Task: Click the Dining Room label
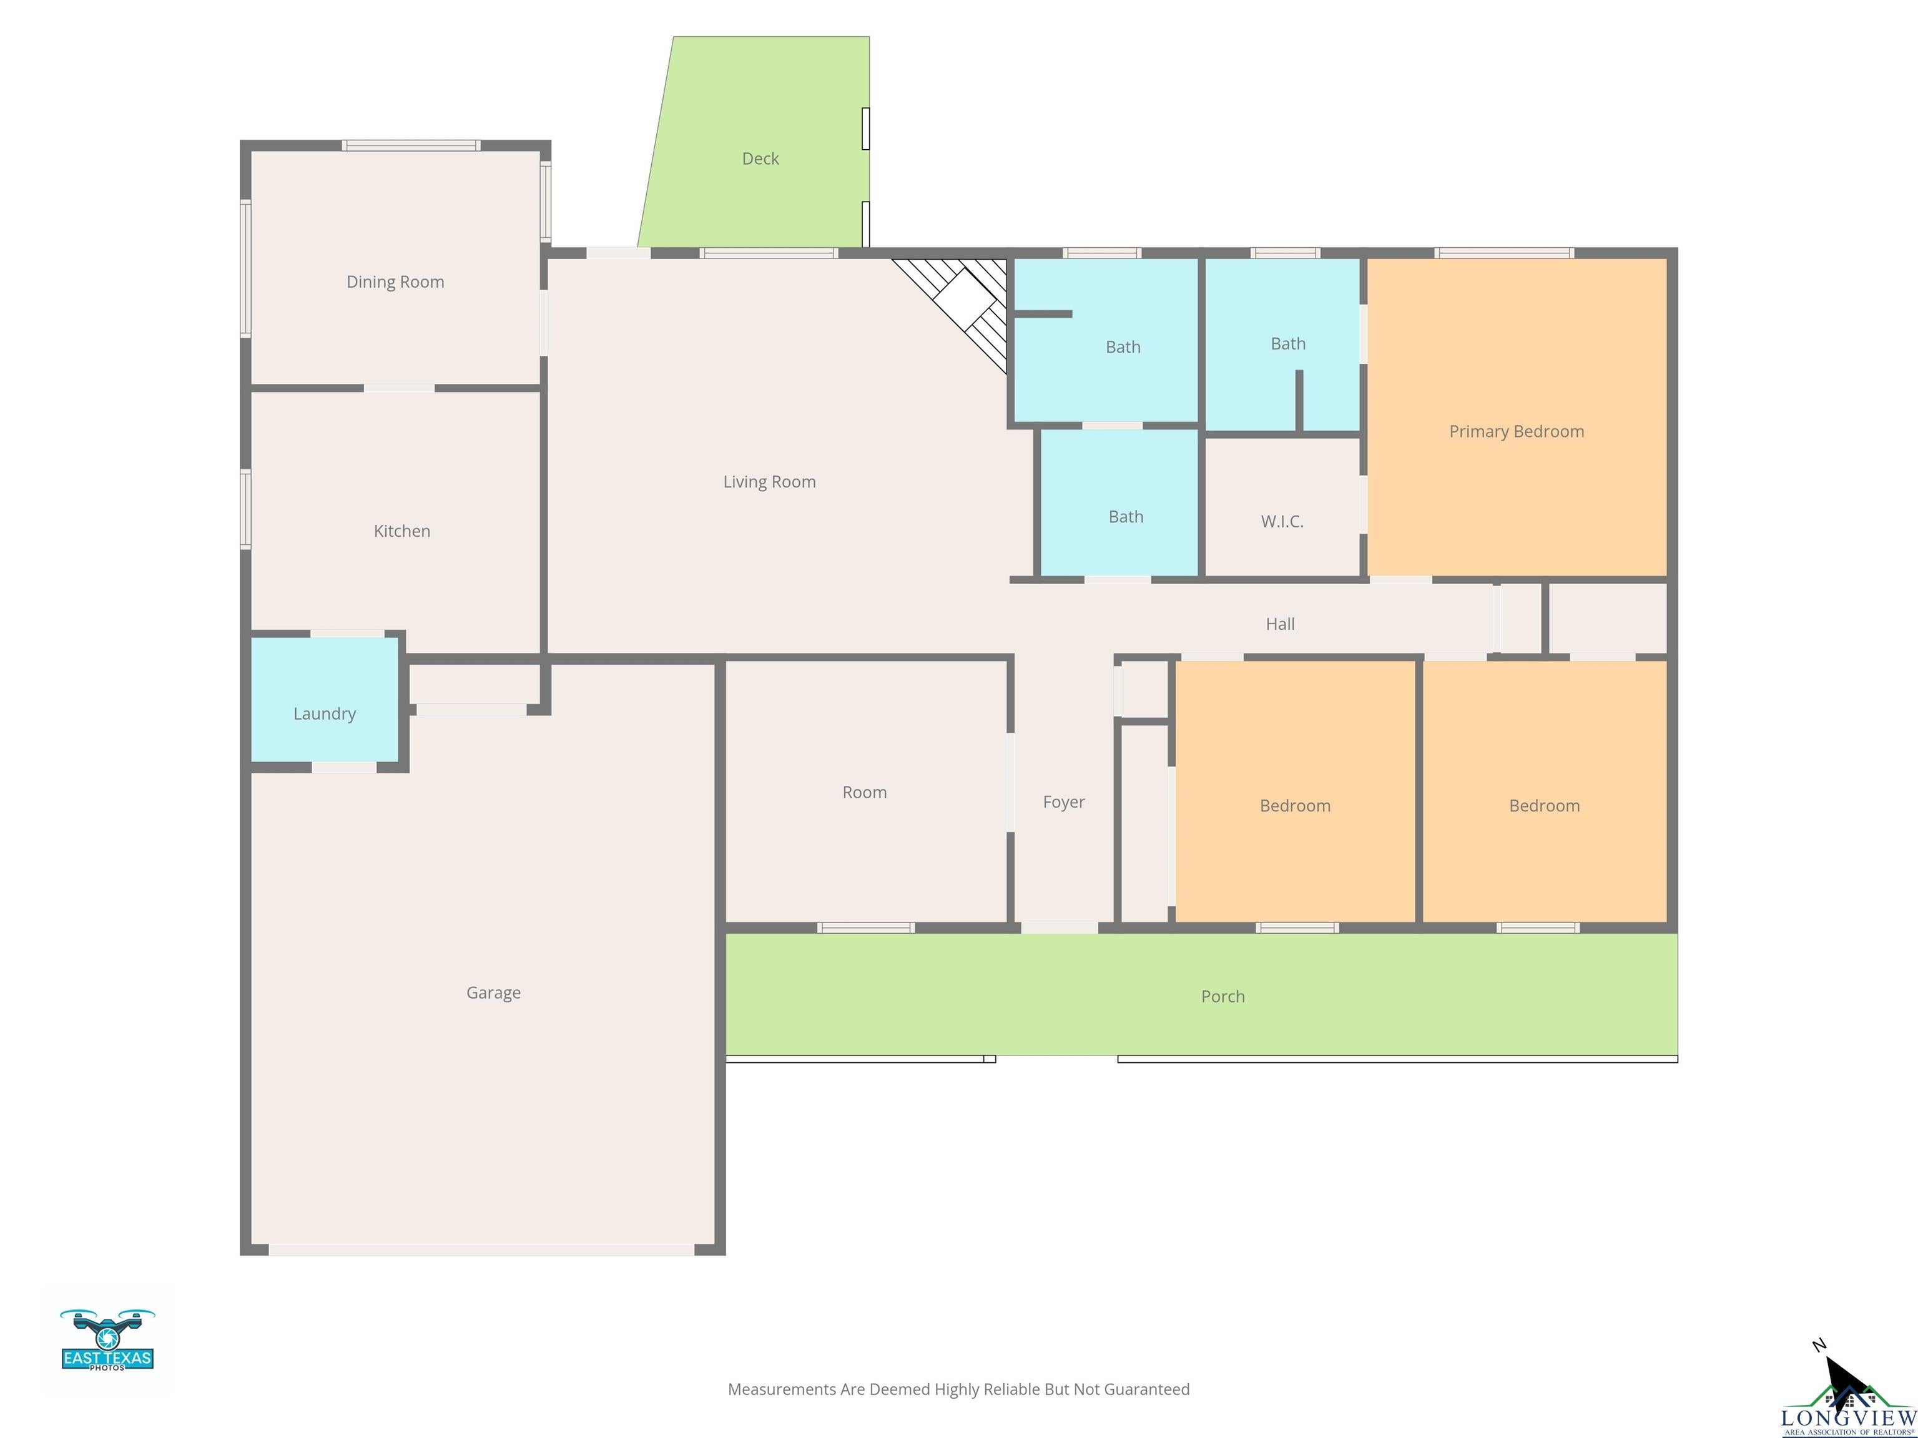click(x=395, y=281)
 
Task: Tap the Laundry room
click(x=324, y=713)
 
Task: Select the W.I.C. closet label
click(x=1282, y=521)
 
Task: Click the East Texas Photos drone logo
click(x=107, y=1340)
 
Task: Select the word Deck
click(x=760, y=159)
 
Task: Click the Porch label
click(x=1222, y=996)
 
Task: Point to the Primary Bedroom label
click(x=1516, y=431)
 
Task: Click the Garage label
click(x=493, y=992)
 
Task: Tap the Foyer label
click(x=1063, y=802)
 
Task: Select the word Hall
click(x=1280, y=624)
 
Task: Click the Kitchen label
click(x=401, y=531)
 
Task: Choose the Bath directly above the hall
click(x=1126, y=517)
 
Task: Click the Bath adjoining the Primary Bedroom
click(x=1287, y=343)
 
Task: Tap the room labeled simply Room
click(x=865, y=791)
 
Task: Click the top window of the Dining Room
click(x=411, y=145)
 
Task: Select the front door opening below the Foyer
click(x=1059, y=927)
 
